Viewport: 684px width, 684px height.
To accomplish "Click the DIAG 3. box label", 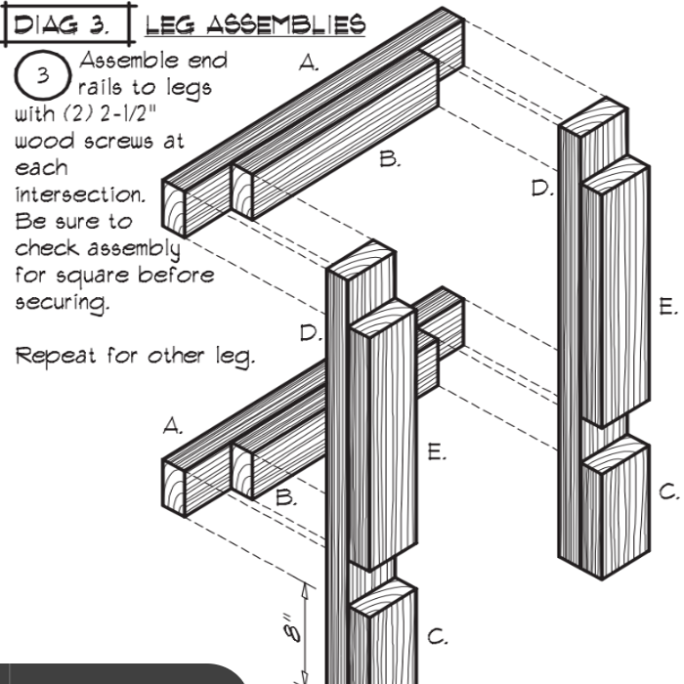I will (x=64, y=22).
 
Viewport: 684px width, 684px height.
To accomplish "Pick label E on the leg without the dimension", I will (x=667, y=308).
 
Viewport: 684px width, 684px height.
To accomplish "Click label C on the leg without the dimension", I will (x=667, y=492).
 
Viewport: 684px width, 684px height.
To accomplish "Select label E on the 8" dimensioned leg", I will (x=437, y=451).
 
